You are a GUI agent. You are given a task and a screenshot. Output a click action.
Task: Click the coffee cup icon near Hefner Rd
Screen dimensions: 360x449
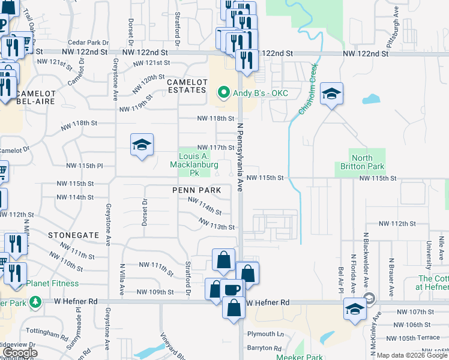tap(232, 290)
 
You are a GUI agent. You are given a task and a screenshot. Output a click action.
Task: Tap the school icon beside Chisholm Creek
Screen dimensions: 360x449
tap(331, 94)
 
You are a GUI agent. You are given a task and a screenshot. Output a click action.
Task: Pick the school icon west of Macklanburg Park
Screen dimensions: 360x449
tap(142, 145)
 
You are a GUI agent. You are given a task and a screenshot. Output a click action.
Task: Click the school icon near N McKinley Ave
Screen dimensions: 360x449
tap(355, 310)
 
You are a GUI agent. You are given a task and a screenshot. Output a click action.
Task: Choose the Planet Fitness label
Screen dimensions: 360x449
tap(56, 283)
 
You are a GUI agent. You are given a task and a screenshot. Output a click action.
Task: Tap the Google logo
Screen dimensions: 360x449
tap(20, 353)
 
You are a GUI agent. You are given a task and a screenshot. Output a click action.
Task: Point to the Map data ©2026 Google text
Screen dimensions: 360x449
tap(411, 355)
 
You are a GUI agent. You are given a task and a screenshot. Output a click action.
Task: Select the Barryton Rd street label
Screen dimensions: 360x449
tap(264, 348)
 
